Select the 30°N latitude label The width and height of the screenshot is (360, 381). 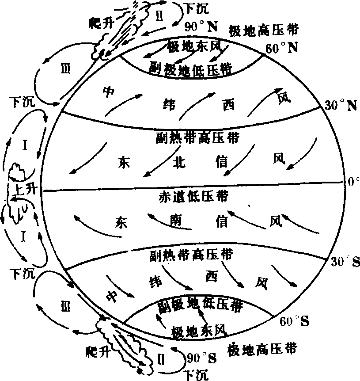(x=340, y=105)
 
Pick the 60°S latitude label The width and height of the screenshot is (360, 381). (x=294, y=321)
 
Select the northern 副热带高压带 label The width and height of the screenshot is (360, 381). (x=197, y=137)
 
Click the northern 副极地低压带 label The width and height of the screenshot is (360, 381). (x=194, y=69)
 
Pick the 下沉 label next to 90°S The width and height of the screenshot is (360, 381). (x=194, y=375)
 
